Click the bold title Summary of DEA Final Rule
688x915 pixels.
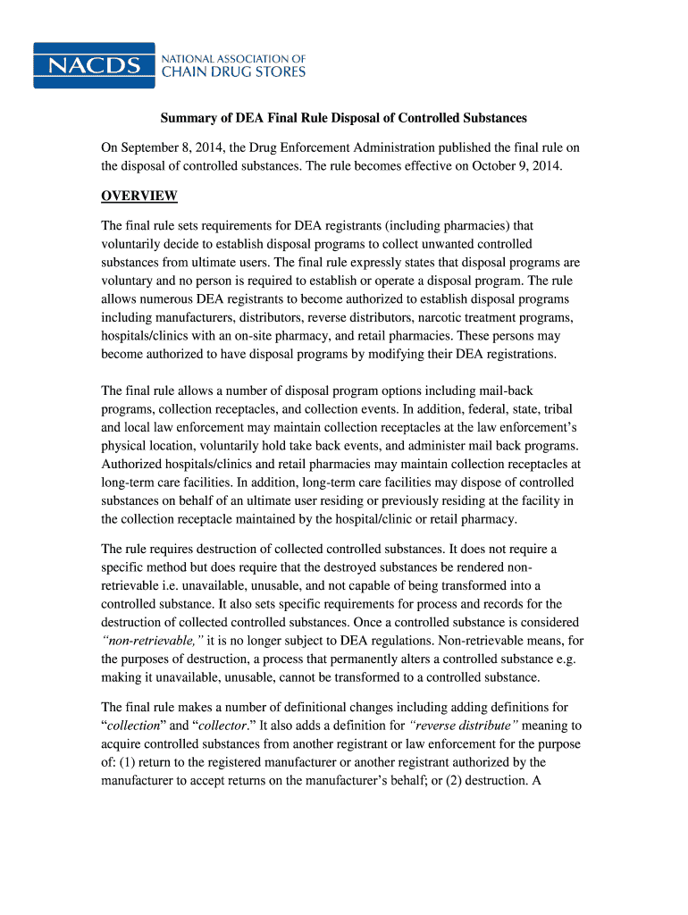343,118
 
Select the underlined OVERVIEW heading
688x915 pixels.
139,196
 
